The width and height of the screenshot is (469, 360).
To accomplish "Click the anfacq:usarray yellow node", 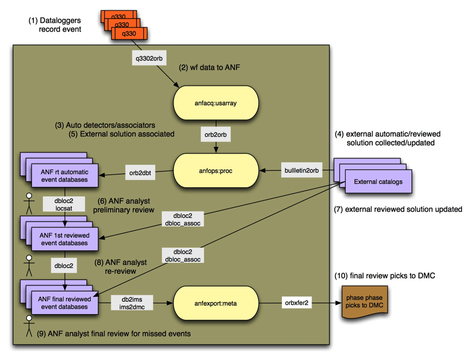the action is (216, 103).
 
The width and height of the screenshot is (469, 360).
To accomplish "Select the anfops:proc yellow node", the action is (216, 171).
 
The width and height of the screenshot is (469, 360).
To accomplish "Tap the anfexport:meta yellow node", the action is (216, 303).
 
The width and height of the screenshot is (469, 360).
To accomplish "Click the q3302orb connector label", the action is (149, 58).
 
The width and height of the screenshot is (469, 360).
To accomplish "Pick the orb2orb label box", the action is (216, 135).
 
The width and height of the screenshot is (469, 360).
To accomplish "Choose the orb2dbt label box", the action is (140, 172).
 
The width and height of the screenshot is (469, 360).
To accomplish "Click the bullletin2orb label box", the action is (302, 171).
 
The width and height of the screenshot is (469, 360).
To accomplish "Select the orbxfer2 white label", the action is (296, 303).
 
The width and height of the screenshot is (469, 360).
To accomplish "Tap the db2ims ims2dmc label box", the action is (132, 303).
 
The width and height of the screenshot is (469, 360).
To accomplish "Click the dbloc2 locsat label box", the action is (64, 204).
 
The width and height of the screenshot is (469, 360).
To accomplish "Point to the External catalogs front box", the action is (378, 181).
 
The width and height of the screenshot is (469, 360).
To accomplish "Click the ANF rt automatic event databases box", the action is (65, 176).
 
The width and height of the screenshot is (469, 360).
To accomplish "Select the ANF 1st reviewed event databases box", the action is (65, 239).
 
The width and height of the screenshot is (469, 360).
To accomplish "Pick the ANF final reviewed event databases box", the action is (65, 303).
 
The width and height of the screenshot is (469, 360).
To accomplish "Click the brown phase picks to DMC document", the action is (364, 302).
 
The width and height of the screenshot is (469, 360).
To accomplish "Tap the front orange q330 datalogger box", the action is (129, 33).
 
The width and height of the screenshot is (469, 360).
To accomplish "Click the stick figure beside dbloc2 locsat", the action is (29, 203).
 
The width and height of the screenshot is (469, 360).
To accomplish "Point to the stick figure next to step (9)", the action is (29, 326).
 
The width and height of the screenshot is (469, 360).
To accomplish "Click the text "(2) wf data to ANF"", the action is (209, 67).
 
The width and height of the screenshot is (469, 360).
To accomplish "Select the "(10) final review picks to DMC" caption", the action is (385, 276).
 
